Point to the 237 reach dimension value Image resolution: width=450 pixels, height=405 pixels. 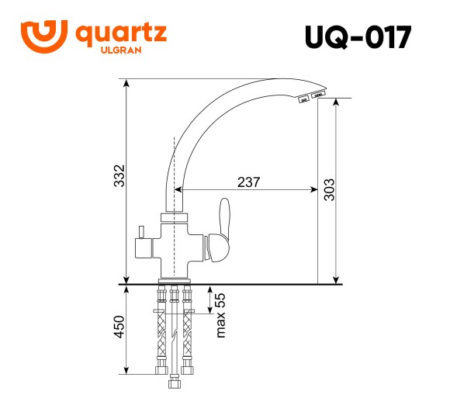click(x=247, y=182)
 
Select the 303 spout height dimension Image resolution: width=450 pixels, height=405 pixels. click(x=328, y=190)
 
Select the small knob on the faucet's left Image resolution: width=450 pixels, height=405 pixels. click(x=142, y=234)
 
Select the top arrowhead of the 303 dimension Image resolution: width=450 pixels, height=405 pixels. click(x=336, y=102)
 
